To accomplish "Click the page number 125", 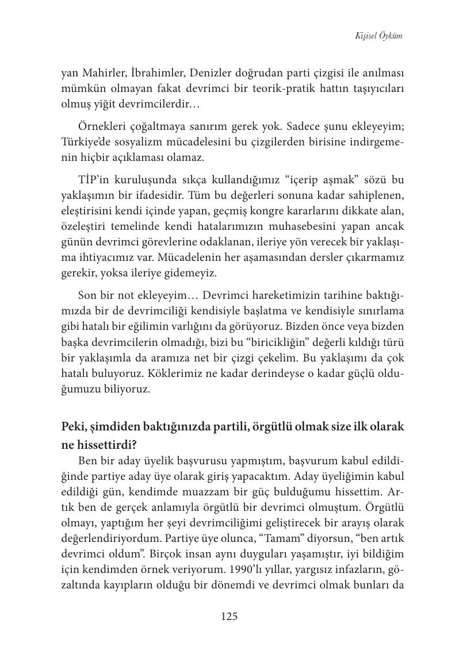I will click(x=229, y=617).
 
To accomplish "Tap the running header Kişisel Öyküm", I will click(x=379, y=36).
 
